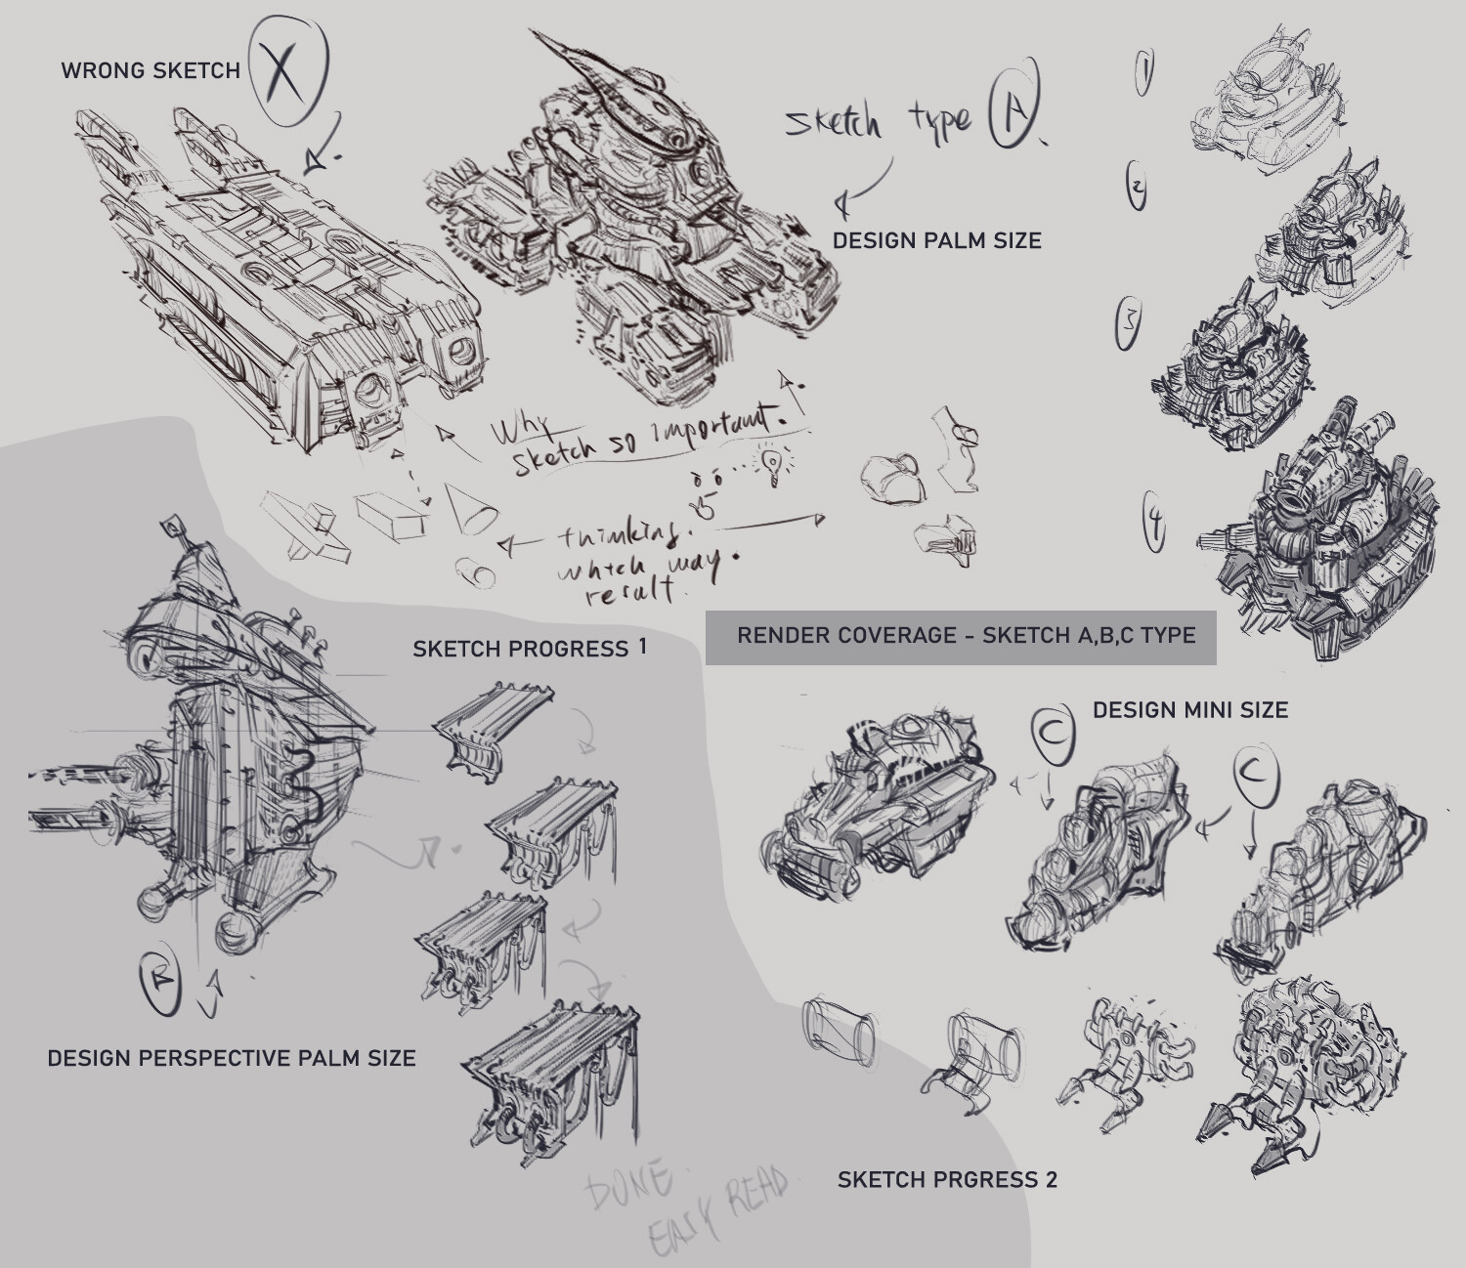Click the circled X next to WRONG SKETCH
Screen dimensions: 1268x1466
[286, 71]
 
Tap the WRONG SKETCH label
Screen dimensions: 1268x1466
[151, 71]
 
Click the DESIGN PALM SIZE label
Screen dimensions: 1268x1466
[936, 240]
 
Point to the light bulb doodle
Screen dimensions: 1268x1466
[773, 465]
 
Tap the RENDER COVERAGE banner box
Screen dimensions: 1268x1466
[961, 637]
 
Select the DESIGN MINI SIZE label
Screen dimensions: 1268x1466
[1189, 710]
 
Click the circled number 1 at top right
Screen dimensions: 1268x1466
[1143, 74]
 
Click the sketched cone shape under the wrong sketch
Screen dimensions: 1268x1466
[471, 507]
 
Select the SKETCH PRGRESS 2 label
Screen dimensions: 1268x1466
[946, 1180]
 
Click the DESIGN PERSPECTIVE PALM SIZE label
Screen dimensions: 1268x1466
[232, 1058]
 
